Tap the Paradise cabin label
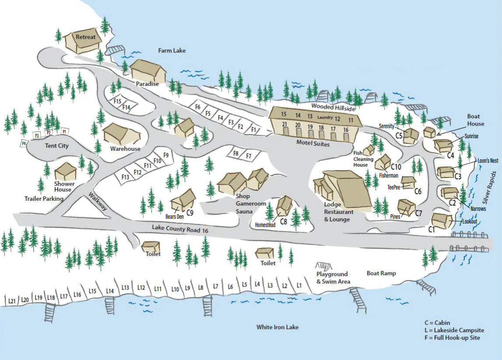tap(147, 84)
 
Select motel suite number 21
tap(285, 125)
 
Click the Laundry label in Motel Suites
tap(325, 117)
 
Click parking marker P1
tap(64, 131)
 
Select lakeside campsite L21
tap(12, 301)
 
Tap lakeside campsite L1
tap(299, 286)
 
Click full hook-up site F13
tap(125, 177)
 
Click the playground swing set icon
tap(323, 266)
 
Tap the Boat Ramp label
tap(381, 273)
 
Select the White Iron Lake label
tap(278, 327)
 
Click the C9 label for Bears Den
tap(190, 213)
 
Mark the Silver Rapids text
tap(490, 188)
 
